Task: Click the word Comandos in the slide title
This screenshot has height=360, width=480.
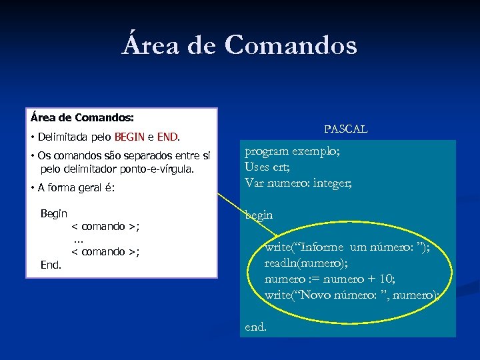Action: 291,45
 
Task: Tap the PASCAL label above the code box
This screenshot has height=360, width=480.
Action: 345,129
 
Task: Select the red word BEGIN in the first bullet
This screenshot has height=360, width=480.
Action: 129,138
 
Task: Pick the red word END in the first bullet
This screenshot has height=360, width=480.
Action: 167,138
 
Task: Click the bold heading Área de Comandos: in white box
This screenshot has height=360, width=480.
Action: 82,117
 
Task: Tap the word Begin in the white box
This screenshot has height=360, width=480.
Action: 54,213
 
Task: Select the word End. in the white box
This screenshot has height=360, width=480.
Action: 51,265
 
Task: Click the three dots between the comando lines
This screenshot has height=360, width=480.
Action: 78,239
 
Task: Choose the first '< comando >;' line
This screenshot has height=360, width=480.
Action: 105,227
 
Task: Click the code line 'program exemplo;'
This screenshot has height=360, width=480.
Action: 292,151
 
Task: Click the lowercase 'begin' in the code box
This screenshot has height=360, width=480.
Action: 259,215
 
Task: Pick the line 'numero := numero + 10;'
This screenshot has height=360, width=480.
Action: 329,279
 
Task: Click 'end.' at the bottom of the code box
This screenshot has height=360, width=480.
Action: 256,327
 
